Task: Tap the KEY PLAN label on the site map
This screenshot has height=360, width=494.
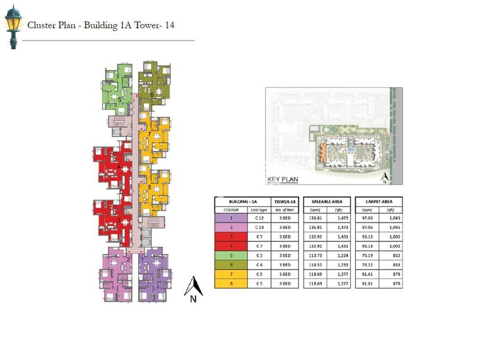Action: pos(283,179)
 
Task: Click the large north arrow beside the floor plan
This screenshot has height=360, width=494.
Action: pos(192,289)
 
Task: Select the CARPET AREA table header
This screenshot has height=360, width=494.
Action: pos(378,202)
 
